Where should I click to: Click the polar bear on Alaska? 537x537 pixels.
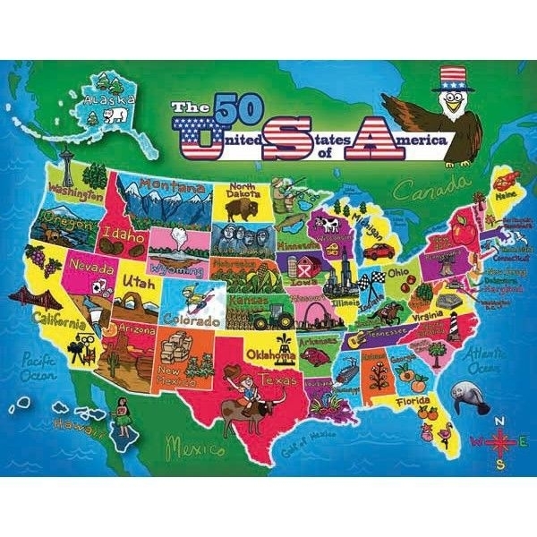click(114, 118)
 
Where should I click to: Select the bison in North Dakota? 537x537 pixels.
click(240, 210)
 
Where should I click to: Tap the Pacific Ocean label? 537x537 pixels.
click(36, 366)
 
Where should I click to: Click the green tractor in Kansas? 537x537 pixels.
click(271, 315)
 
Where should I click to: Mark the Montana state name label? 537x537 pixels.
click(177, 186)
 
